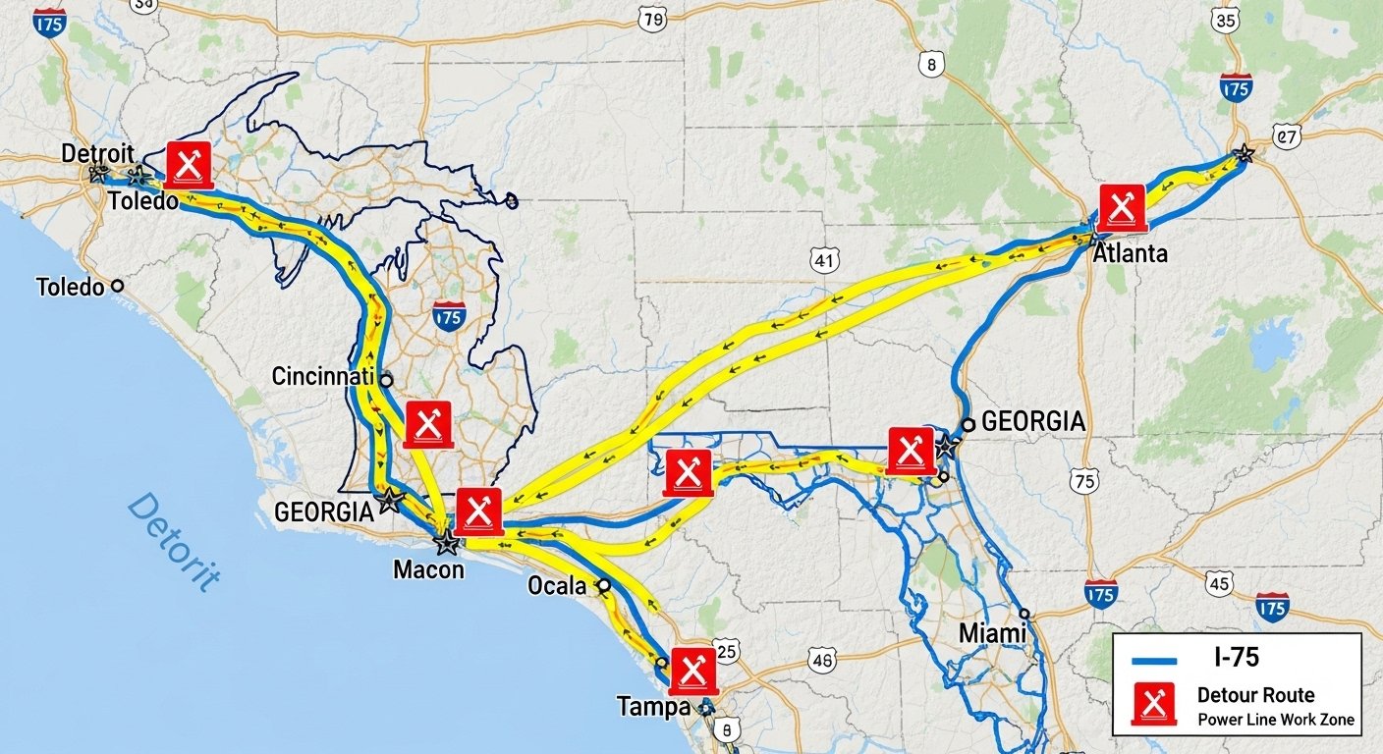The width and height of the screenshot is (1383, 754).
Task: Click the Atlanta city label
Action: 1130,253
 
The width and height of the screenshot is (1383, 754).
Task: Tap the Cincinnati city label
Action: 322,376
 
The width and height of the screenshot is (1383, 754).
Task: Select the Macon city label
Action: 427,568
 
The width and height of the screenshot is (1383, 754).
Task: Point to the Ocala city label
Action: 556,586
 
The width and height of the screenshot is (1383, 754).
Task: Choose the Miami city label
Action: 992,633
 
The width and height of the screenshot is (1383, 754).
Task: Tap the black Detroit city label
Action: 97,153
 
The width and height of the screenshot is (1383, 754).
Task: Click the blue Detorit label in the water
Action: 173,541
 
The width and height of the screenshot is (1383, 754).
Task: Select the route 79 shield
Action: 651,19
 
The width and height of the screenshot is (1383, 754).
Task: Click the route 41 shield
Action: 825,260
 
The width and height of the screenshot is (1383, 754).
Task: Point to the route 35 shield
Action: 1225,20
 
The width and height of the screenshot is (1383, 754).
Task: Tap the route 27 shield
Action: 1285,135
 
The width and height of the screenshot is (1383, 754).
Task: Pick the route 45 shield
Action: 1219,584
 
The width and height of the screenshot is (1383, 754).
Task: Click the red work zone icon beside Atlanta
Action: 1122,208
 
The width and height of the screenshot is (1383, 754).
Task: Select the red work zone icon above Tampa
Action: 692,673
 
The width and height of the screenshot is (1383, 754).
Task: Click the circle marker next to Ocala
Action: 604,585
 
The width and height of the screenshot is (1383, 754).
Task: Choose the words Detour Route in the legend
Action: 1255,695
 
